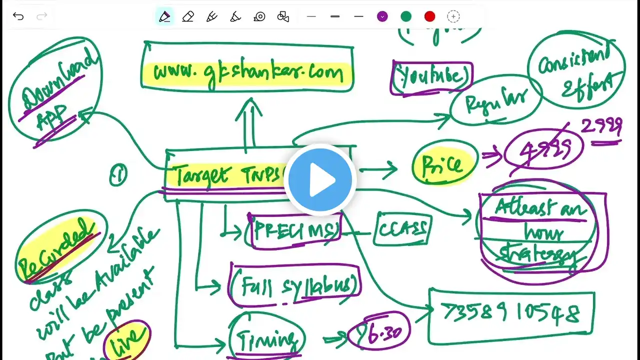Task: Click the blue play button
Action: pos(320,179)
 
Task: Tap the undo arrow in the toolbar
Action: pos(18,16)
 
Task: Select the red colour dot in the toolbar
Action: pos(429,16)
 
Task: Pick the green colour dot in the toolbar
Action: pos(406,16)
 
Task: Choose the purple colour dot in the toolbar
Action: pos(382,16)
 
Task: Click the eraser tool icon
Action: pos(188,16)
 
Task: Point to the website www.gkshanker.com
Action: pos(248,73)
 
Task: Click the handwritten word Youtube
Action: pos(431,76)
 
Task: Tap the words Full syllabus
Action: pos(295,284)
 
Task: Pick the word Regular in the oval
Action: pos(495,103)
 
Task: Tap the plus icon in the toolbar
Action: pos(453,16)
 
